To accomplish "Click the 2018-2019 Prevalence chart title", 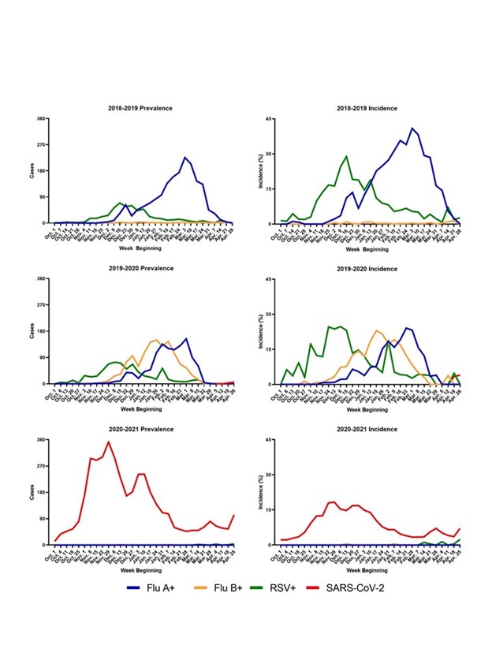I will click(141, 108).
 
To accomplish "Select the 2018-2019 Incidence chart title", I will click(366, 108).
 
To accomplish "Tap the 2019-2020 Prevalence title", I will click(141, 268).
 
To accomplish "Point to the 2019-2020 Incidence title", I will click(366, 268).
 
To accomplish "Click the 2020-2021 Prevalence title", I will click(141, 429).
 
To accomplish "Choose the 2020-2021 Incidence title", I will click(366, 429).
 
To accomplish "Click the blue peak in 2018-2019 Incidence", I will click(412, 128).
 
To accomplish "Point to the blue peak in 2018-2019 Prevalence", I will click(184, 158).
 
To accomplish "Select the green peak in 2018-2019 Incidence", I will click(347, 156).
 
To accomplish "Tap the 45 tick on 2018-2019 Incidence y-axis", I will click(269, 119).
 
